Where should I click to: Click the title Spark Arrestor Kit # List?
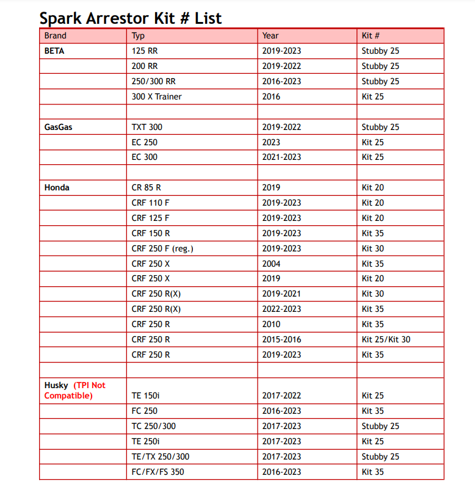[x=130, y=18]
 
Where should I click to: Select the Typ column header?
[x=138, y=36]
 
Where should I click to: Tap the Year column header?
[x=271, y=36]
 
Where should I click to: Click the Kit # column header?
[x=371, y=36]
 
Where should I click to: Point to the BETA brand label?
[x=54, y=51]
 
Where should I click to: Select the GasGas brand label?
[x=58, y=127]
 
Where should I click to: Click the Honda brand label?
[x=57, y=188]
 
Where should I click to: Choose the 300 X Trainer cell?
[x=156, y=96]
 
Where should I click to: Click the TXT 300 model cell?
[x=147, y=127]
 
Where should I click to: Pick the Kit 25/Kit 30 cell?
[x=386, y=339]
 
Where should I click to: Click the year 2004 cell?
[x=271, y=264]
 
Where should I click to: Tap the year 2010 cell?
[x=271, y=324]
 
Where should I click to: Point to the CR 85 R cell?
[x=147, y=188]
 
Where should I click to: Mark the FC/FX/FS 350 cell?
[x=158, y=472]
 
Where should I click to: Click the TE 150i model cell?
[x=145, y=395]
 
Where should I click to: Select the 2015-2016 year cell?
[x=281, y=339]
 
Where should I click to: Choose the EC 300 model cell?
[x=144, y=157]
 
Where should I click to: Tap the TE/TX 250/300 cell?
[x=160, y=456]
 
